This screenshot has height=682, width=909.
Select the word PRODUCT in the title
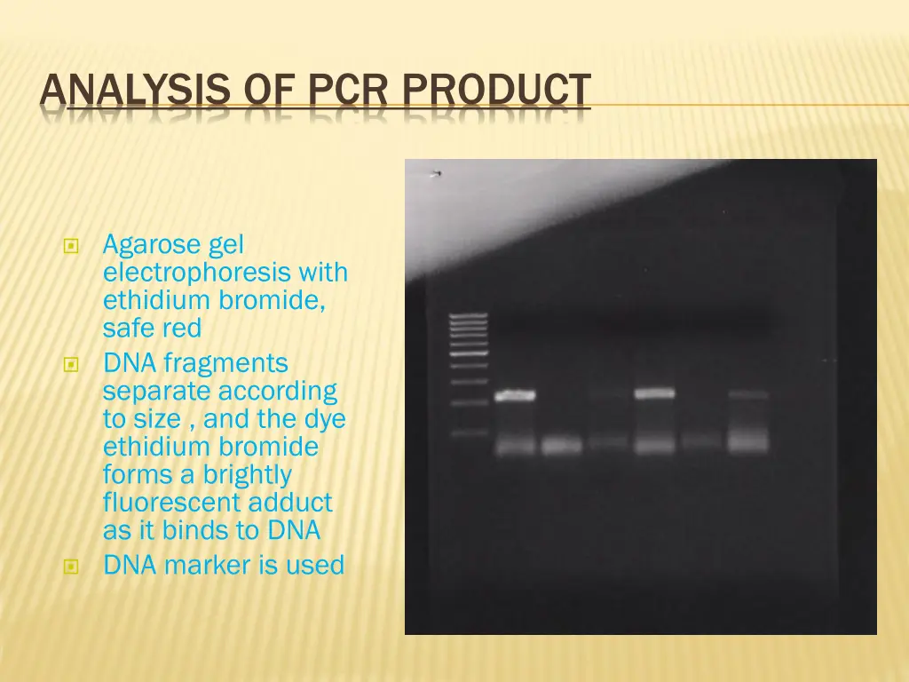click(495, 91)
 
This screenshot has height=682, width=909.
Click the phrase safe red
click(152, 329)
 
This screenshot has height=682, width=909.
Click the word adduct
click(290, 503)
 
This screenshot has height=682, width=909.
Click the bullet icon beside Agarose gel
click(72, 245)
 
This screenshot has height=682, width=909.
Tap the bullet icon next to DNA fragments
click(72, 364)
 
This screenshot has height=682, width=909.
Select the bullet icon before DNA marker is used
click(72, 566)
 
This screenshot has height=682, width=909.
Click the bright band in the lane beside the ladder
click(515, 395)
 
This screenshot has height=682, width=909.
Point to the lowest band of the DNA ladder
click(469, 433)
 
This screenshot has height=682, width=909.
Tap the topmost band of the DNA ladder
click(469, 315)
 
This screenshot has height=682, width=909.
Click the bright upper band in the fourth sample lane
click(654, 393)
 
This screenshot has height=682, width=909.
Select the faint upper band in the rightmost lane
click(748, 393)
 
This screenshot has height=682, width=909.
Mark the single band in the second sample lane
click(561, 445)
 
